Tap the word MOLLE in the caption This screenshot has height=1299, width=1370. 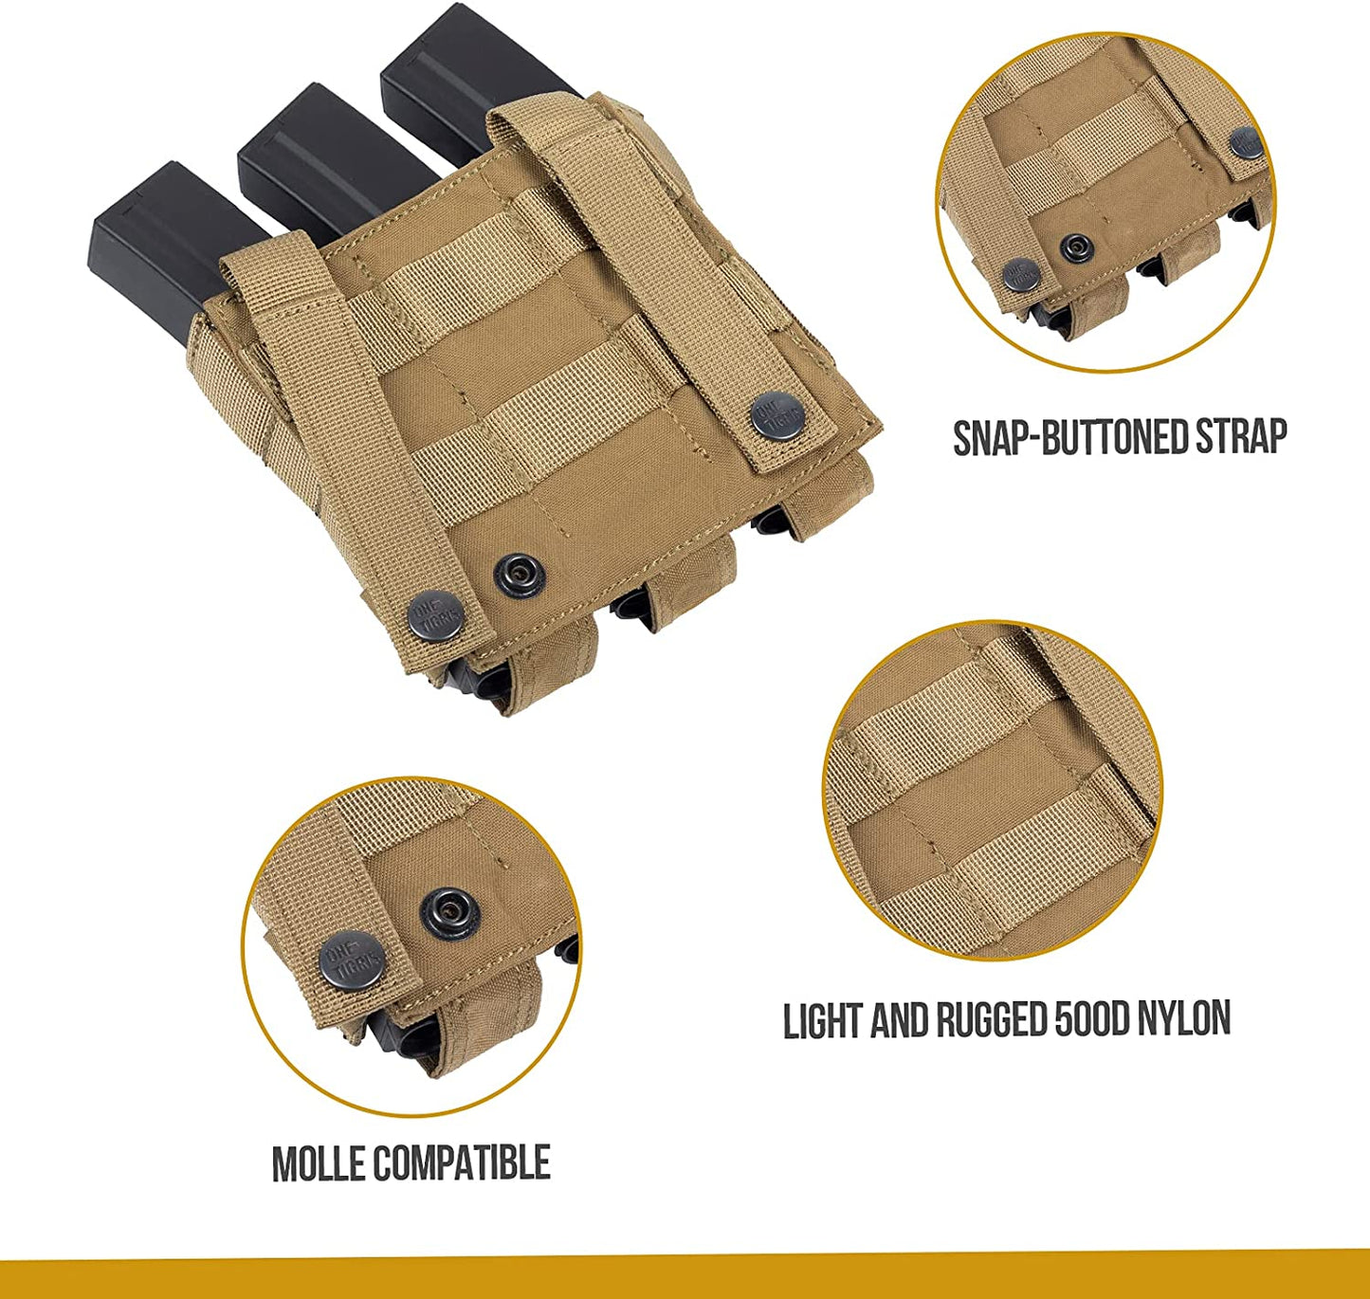pos(319,1163)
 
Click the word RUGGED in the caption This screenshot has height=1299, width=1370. pos(994,1020)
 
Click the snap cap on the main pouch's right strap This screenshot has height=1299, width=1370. pos(774,414)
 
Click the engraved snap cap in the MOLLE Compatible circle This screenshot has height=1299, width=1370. pos(353,960)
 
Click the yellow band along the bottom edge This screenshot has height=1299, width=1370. pos(685,1279)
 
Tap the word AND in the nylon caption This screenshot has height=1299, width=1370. pos(901,1020)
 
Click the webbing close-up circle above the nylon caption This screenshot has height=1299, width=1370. pos(994,792)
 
